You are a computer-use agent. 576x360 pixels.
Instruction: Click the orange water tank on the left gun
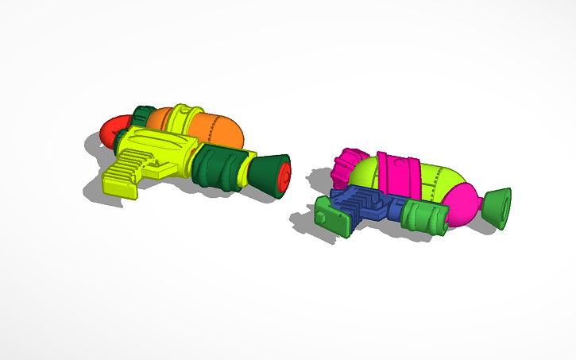[x=218, y=127]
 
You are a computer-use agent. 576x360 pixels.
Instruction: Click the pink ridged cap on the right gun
[x=345, y=168]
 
